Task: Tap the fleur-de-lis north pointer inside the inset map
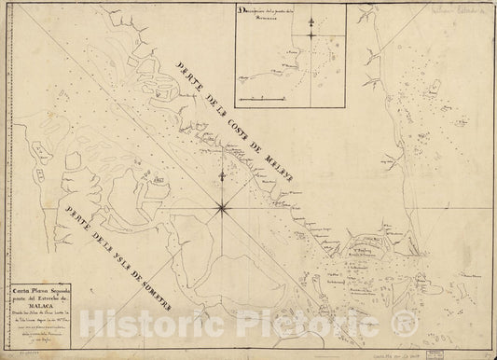(x=311, y=18)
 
